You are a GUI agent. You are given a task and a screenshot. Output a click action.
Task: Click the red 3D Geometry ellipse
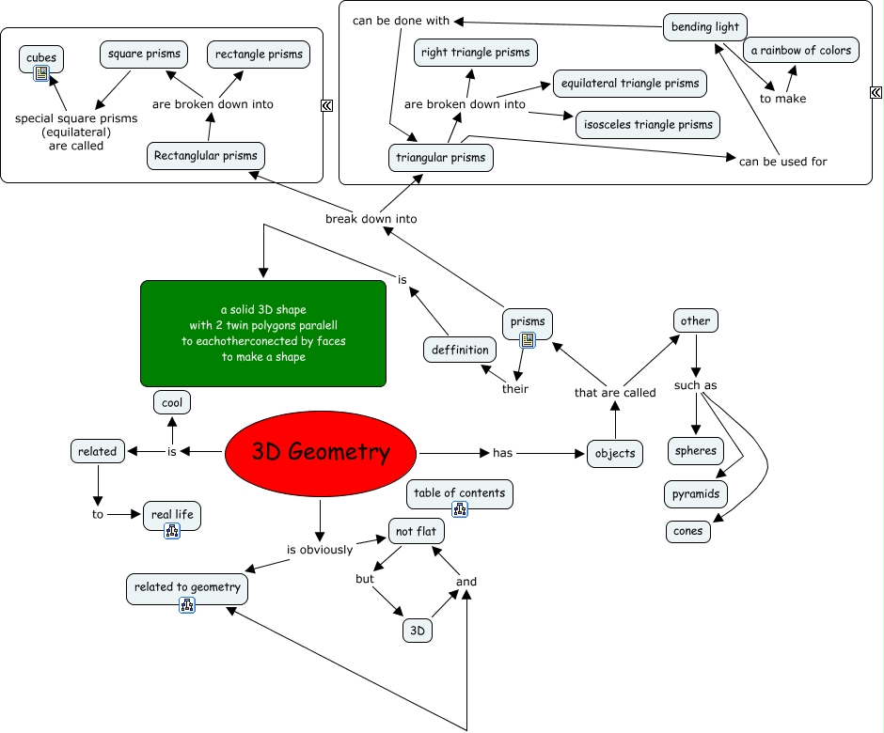coord(321,452)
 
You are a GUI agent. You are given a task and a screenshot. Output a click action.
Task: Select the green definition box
coord(263,334)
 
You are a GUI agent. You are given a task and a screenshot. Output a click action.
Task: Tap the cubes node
coord(41,58)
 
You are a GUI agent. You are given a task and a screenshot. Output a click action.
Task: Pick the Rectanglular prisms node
coord(206,155)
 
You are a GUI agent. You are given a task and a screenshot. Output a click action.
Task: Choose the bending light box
coord(705,26)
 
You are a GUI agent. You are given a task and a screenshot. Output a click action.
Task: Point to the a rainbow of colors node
coord(801,50)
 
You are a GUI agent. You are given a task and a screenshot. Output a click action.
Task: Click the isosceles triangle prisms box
coord(648,124)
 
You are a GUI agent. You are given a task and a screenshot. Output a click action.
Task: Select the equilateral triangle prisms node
coord(630,83)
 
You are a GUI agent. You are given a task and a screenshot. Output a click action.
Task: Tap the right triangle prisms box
coord(476,53)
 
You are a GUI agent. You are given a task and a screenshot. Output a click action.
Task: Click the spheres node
coord(696,451)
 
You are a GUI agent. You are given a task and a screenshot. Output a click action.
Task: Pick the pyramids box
coord(696,493)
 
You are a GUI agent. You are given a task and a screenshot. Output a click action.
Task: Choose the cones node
coord(688,531)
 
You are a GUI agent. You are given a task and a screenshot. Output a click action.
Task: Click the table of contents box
coord(460,492)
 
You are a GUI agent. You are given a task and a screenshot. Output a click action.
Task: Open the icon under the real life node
coord(172,531)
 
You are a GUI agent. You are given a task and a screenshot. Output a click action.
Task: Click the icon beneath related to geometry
coord(187,605)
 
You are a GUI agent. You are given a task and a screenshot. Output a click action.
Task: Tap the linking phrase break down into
coord(371,219)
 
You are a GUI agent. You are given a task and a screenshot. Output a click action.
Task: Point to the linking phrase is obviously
coord(320,550)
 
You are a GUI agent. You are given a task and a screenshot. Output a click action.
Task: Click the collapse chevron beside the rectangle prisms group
coord(326,105)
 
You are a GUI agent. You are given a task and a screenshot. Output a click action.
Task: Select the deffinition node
coord(461,350)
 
